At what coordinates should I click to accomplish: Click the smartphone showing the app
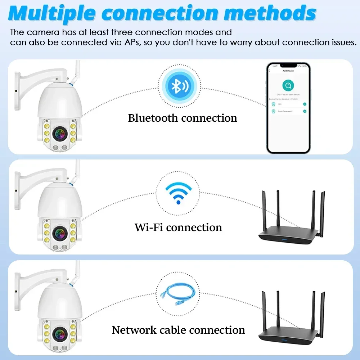tap(288, 108)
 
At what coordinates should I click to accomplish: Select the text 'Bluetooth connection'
tap(183, 118)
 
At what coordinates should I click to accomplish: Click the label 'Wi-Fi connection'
tap(178, 227)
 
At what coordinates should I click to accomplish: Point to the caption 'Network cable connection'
tap(178, 330)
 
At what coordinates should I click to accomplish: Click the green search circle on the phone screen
tap(288, 85)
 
